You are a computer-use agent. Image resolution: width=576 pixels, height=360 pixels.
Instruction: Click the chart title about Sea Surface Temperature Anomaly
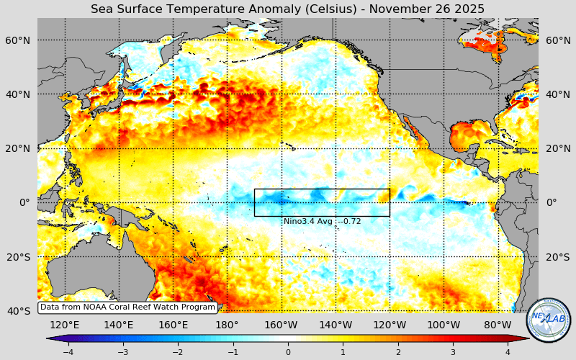[287, 9]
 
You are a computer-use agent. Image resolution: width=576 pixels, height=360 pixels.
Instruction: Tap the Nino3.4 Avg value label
[322, 222]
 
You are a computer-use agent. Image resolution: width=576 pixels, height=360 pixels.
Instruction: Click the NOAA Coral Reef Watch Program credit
[127, 307]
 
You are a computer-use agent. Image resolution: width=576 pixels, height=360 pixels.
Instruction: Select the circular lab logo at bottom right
[549, 320]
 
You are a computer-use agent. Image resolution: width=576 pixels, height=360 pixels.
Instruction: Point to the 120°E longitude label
[65, 325]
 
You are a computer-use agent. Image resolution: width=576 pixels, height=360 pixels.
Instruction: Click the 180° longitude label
[227, 325]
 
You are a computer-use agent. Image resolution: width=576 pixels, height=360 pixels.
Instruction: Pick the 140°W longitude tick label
[336, 325]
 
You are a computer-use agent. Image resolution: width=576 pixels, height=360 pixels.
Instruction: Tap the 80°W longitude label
[498, 325]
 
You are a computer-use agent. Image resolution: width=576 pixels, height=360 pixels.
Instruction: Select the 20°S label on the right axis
[557, 257]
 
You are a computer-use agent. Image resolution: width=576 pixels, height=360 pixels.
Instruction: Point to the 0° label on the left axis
[24, 202]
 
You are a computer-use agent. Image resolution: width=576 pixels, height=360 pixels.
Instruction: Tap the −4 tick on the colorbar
[68, 352]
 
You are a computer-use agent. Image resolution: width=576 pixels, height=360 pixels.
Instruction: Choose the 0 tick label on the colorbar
[288, 352]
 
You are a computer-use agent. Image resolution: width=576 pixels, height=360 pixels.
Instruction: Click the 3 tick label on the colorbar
[453, 352]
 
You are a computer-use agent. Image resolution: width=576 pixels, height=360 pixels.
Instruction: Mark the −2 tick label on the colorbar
[177, 352]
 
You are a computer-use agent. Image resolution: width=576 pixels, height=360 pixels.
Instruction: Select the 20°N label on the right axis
[557, 148]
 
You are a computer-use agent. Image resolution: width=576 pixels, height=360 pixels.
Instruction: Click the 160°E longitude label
[173, 325]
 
